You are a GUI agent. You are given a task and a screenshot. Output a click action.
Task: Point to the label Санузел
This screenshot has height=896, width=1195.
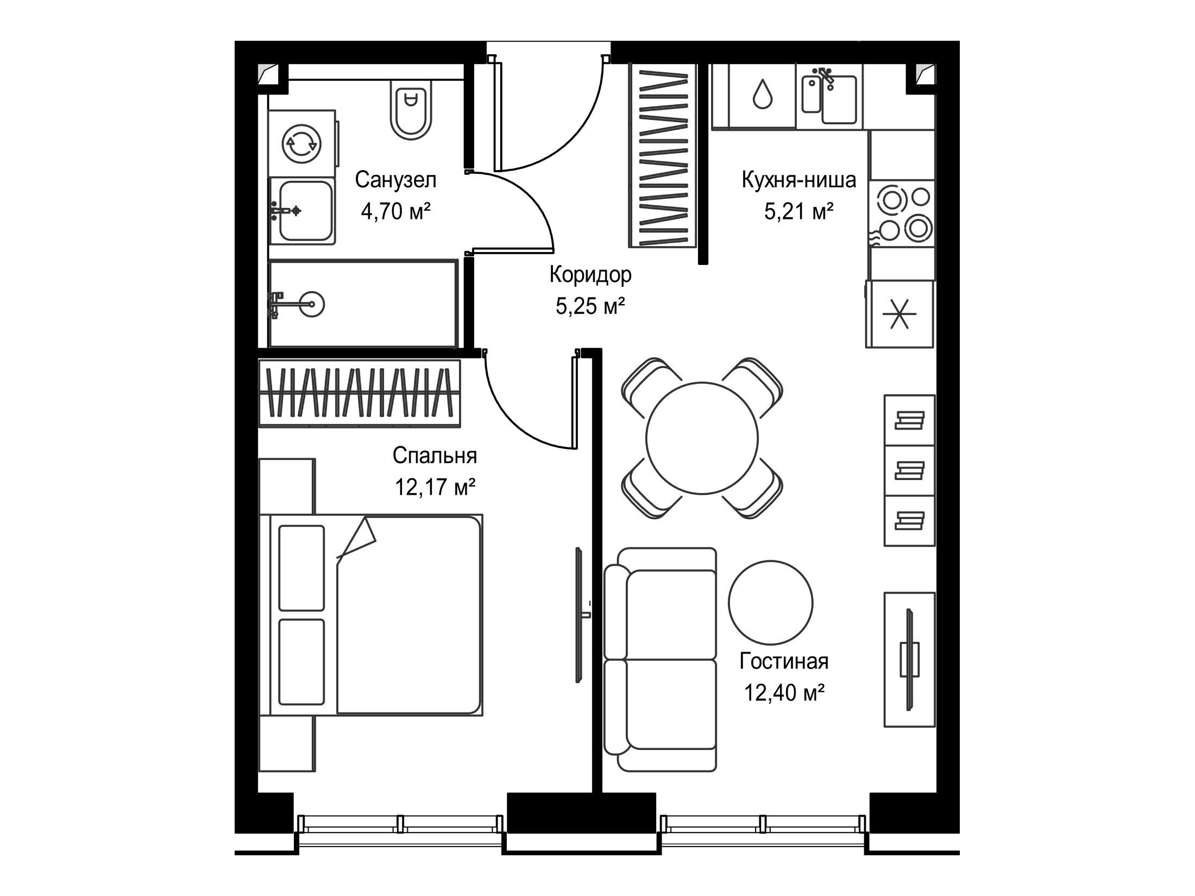coord(395,180)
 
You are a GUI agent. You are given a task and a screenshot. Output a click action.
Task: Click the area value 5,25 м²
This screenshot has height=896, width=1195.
coord(590,307)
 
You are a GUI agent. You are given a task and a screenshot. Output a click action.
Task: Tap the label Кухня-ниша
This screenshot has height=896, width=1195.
coord(798,179)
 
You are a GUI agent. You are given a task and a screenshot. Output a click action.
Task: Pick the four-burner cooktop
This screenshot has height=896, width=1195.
coord(902,213)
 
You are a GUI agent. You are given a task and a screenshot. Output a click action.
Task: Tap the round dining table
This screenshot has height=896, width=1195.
coord(702,438)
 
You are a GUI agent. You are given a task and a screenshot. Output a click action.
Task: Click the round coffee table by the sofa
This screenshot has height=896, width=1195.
coord(771,602)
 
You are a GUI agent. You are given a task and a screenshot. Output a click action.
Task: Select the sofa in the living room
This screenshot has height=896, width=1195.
coord(661,659)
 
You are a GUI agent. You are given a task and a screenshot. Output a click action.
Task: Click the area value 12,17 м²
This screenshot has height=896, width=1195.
coord(435,488)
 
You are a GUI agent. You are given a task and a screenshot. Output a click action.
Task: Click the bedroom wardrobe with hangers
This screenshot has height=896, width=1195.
coord(359,392)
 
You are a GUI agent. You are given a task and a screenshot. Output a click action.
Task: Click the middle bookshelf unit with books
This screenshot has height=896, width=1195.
coord(910,470)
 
